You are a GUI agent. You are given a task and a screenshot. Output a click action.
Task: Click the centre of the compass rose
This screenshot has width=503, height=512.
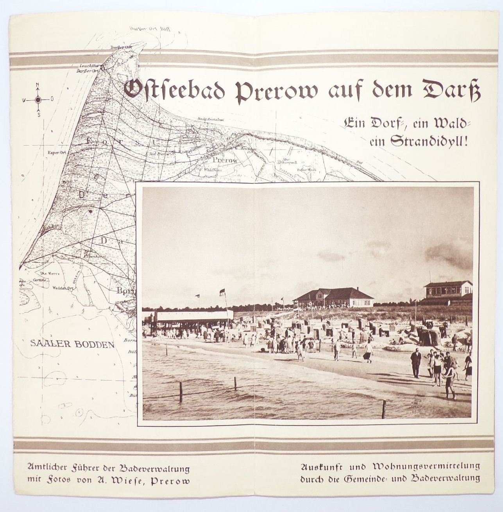click(38, 100)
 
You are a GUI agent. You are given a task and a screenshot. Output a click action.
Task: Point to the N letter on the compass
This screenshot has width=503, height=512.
click(38, 85)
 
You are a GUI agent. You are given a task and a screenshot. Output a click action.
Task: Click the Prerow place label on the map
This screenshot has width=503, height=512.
click(222, 160)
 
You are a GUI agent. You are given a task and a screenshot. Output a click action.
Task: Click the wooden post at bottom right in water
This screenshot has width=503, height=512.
click(384, 409)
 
